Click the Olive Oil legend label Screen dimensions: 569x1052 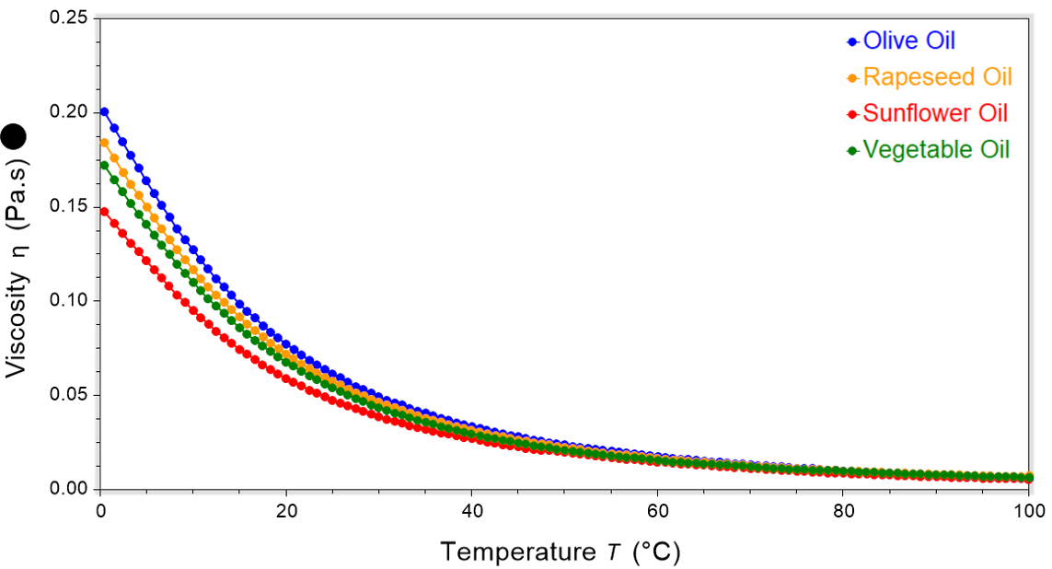coord(908,41)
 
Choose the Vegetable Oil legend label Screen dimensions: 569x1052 coord(936,149)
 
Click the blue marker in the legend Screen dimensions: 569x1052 coord(852,41)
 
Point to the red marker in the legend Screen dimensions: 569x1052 coord(852,114)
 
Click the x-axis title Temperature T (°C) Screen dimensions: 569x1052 coord(561,552)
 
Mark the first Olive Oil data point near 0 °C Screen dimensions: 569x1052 coord(104,112)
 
